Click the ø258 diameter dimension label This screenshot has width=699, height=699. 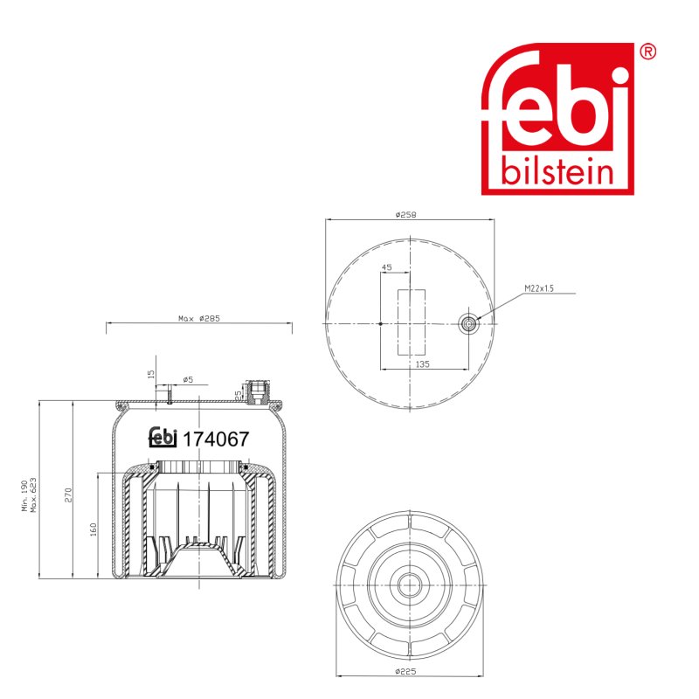point(405,215)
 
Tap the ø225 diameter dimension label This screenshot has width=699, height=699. point(405,671)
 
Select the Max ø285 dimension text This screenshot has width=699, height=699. point(199,318)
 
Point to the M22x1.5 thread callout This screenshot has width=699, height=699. point(539,288)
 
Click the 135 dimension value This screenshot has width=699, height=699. point(422,364)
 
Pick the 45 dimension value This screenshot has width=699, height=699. point(386,267)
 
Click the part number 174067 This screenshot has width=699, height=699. point(216,439)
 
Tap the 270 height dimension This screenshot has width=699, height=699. point(68,495)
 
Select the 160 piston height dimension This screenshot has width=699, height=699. point(93,529)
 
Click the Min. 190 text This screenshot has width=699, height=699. point(25,495)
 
